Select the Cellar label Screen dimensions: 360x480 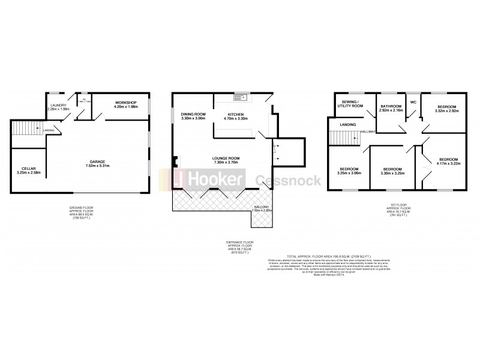click(28, 170)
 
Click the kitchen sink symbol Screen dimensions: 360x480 click(239, 96)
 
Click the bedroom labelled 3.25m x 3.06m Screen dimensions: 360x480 click(348, 170)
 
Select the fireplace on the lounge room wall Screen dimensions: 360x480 click(175, 161)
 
